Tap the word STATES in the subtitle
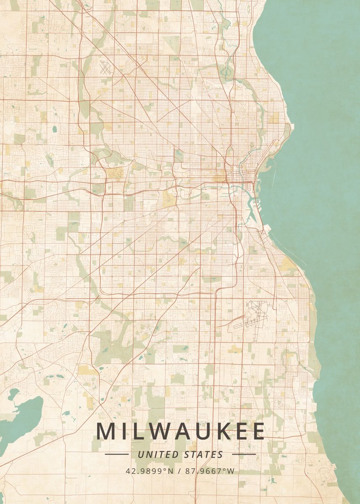[x=204, y=454]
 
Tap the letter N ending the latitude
[x=171, y=471]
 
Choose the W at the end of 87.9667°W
[x=231, y=471]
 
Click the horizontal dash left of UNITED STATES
[x=116, y=454]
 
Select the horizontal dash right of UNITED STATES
[x=244, y=454]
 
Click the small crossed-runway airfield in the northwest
[x=105, y=68]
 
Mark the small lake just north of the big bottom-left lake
[x=13, y=394]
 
